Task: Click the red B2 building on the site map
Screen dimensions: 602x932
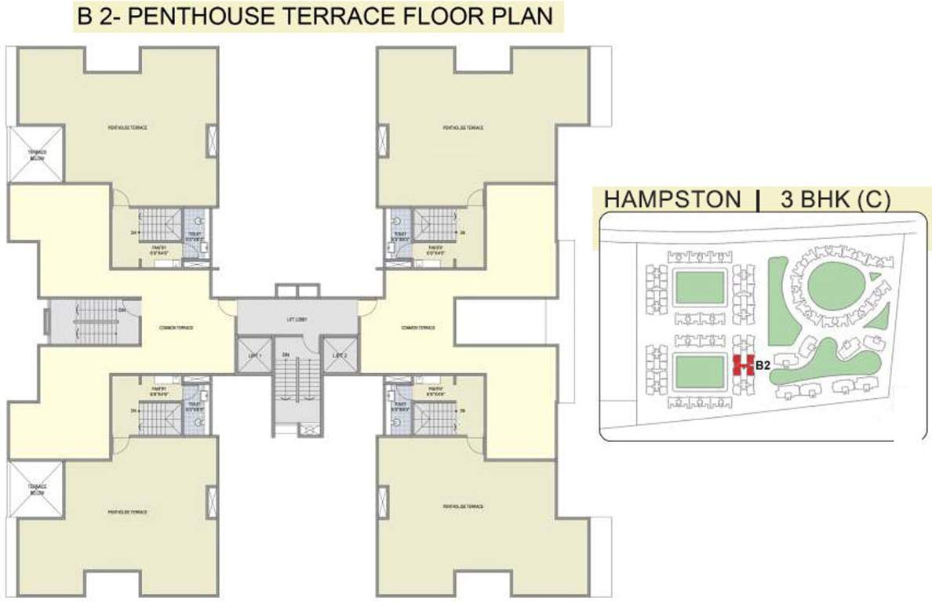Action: [742, 364]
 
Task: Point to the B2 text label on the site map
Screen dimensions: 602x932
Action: [762, 364]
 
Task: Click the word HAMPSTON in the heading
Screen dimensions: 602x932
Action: [672, 200]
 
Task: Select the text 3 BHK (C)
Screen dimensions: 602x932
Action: [835, 200]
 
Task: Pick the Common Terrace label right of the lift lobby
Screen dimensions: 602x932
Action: [417, 327]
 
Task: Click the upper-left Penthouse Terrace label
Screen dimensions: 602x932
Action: [129, 128]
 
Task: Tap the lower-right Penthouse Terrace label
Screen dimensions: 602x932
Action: [462, 509]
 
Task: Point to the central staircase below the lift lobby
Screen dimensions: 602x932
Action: [296, 388]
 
